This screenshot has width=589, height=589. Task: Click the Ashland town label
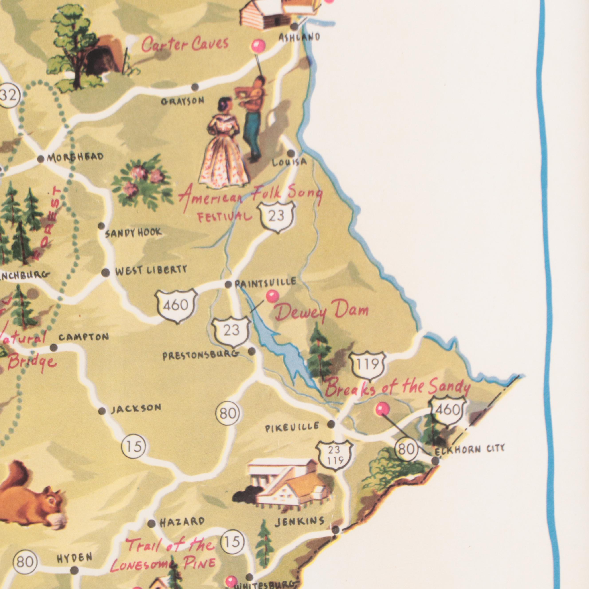299,37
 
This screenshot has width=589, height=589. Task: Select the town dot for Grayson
195,87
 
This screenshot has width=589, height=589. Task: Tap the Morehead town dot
41,159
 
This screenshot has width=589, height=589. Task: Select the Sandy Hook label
133,233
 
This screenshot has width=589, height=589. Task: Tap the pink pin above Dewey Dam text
272,296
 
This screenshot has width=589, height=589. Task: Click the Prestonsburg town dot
252,351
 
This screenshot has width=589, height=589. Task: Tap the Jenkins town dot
335,530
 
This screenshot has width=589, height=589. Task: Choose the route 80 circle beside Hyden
25,561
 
